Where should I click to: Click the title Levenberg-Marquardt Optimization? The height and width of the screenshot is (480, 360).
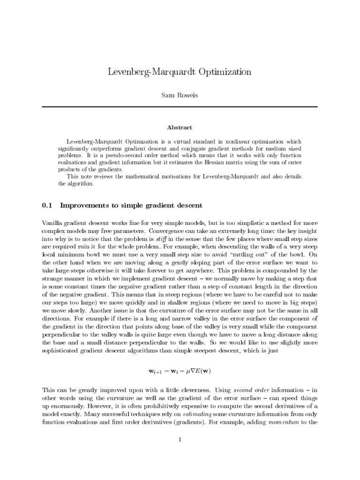[x=180, y=72]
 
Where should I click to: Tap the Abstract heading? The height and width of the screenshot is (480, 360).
[x=180, y=127]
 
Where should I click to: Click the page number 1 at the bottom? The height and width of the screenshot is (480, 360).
[x=180, y=439]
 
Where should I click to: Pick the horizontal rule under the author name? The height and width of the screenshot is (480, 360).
[x=180, y=106]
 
